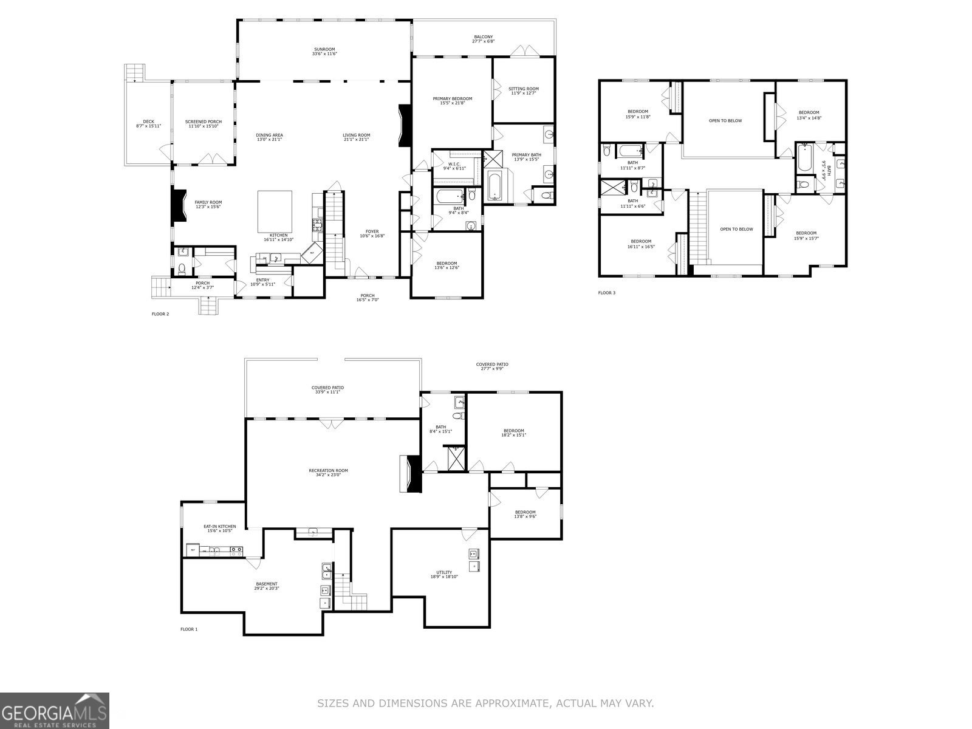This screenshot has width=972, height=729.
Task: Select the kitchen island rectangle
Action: [275, 208]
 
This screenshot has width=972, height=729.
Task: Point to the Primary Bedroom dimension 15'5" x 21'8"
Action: [452, 103]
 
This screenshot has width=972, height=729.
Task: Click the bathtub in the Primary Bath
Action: [495, 186]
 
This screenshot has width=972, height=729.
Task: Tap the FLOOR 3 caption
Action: [606, 293]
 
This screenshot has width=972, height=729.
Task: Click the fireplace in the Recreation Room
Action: [410, 473]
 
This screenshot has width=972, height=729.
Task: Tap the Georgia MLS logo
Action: [55, 710]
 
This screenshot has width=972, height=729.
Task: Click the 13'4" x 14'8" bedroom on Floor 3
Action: [809, 115]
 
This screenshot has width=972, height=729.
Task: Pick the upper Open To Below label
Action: [725, 120]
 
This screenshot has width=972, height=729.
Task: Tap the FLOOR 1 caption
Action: [188, 629]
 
